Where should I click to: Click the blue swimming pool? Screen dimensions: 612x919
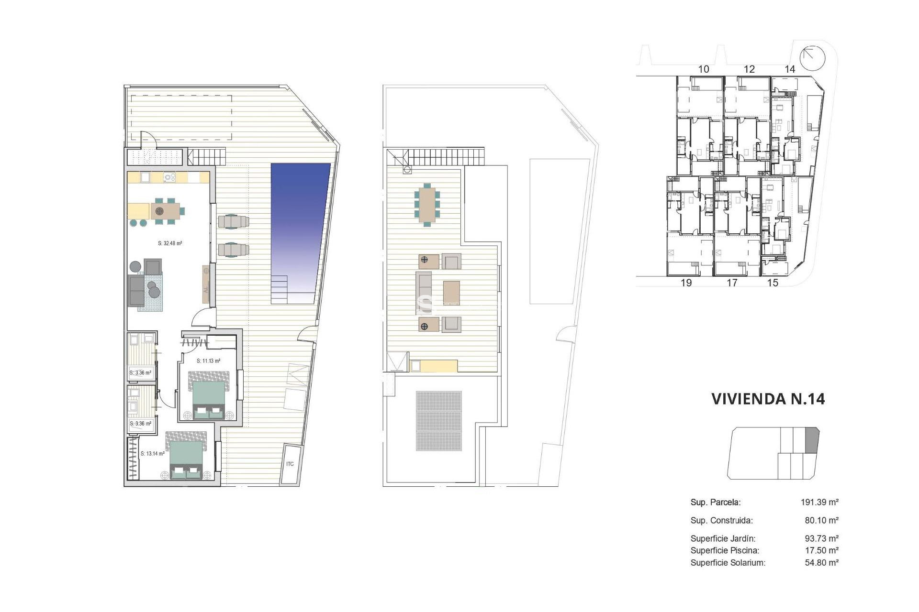click(299, 225)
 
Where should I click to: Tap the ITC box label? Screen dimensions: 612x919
click(290, 464)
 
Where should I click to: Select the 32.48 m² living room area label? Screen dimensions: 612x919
click(170, 243)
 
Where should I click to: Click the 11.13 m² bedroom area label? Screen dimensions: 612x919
click(208, 361)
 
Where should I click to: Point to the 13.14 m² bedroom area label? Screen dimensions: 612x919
click(153, 454)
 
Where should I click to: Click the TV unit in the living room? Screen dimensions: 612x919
click(206, 284)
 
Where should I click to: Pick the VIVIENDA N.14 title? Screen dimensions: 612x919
click(768, 399)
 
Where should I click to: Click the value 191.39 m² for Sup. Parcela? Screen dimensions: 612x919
click(819, 502)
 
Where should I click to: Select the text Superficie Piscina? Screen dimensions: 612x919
click(725, 550)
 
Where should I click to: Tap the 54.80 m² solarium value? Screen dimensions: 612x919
click(821, 563)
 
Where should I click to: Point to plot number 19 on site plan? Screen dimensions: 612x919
click(686, 283)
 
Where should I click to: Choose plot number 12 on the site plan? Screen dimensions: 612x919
click(749, 69)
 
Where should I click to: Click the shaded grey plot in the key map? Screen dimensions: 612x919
click(812, 440)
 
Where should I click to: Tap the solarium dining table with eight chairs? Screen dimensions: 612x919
click(426, 205)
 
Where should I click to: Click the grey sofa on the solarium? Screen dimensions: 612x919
click(423, 293)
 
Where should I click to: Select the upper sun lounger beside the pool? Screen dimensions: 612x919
click(234, 221)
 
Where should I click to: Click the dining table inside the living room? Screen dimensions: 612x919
click(165, 210)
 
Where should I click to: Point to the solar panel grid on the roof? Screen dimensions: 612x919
click(438, 421)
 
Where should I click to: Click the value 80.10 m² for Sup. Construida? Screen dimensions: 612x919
click(821, 520)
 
